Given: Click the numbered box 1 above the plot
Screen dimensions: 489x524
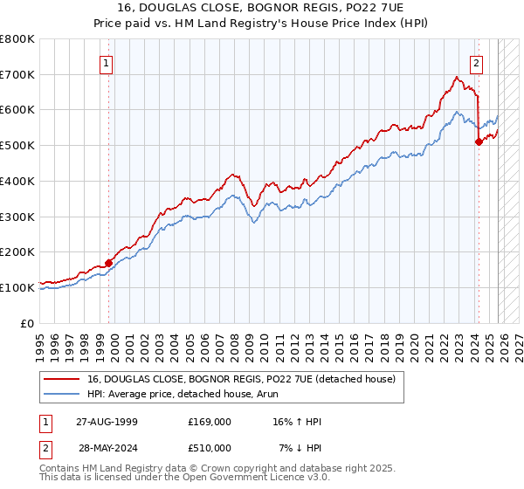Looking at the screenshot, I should [x=107, y=62].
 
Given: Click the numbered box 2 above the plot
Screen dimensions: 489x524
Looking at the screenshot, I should [x=477, y=62].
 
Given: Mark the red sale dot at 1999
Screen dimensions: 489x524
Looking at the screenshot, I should [x=109, y=262].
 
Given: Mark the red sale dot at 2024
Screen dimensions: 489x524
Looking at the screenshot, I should [x=478, y=141].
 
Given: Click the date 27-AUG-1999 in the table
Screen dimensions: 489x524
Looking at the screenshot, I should [x=107, y=422].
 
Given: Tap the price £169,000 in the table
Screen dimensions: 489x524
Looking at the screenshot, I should [x=210, y=422].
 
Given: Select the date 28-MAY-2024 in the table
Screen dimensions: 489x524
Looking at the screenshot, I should [x=107, y=448].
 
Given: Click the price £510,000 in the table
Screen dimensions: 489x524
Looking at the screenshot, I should [x=210, y=448].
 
